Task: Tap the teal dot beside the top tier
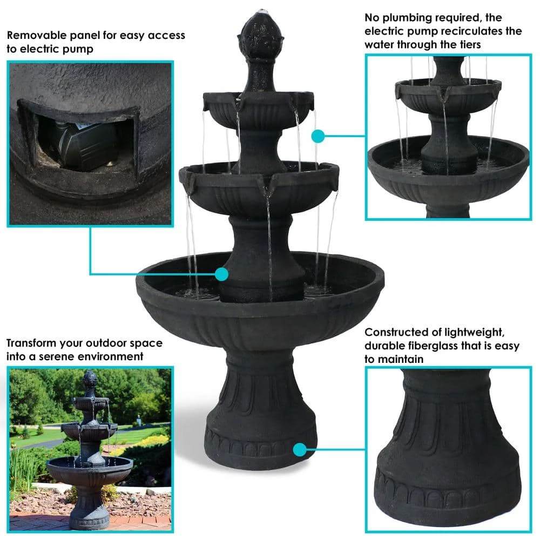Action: click(318, 136)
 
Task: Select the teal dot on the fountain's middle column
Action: click(221, 274)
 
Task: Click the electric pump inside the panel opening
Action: click(81, 141)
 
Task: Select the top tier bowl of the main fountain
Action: click(259, 108)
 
